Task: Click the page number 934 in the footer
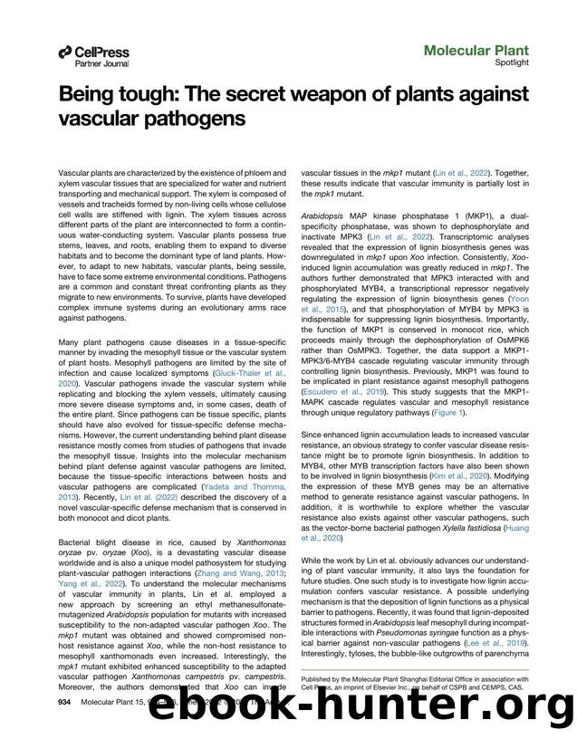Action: click(64, 702)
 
